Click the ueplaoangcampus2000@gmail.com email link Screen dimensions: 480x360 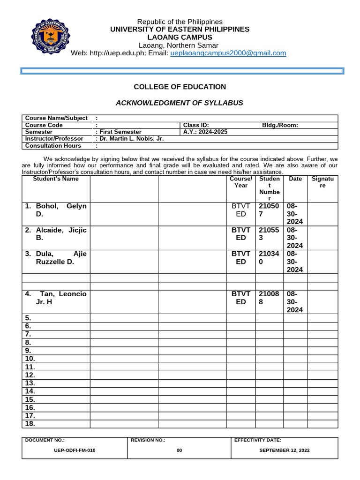228,53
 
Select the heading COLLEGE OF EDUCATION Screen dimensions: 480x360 180,87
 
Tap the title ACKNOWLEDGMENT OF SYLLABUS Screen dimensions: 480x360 180,103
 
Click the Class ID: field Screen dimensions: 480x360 196,125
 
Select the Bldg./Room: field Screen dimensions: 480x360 280,125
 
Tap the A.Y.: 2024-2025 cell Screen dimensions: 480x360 205,132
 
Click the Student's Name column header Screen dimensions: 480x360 56,179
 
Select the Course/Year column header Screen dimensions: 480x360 241,182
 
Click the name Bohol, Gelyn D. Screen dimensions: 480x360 56,210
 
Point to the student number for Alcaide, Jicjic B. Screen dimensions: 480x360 269,234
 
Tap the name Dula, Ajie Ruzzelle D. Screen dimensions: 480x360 56,258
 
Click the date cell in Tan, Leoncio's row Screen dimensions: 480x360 295,301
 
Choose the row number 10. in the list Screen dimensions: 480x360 30,359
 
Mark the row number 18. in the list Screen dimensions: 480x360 30,424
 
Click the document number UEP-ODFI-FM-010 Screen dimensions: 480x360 75,450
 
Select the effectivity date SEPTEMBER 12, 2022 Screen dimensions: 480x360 285,450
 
